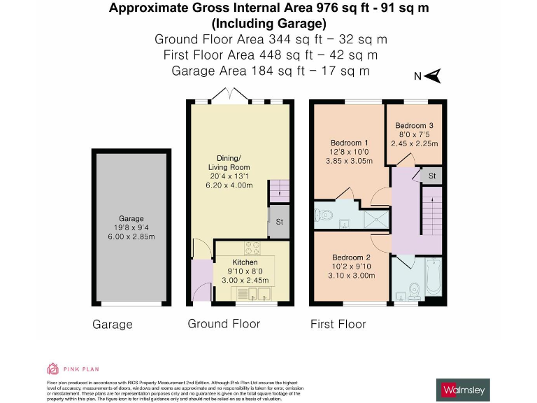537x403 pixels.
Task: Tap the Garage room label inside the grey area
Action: click(x=131, y=219)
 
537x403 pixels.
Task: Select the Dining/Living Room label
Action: click(x=229, y=162)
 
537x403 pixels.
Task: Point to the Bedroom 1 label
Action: click(x=350, y=143)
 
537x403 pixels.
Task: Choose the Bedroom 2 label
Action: click(x=351, y=257)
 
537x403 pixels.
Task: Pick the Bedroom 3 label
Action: click(x=413, y=126)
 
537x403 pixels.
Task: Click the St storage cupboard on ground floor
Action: click(x=278, y=221)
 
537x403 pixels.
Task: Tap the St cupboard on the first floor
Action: click(x=432, y=175)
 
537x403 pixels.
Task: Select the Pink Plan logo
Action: click(x=66, y=368)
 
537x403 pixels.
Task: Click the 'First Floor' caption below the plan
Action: click(x=338, y=324)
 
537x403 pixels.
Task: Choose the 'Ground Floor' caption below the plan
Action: click(x=224, y=324)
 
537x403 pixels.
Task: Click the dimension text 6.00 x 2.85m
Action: click(x=131, y=236)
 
